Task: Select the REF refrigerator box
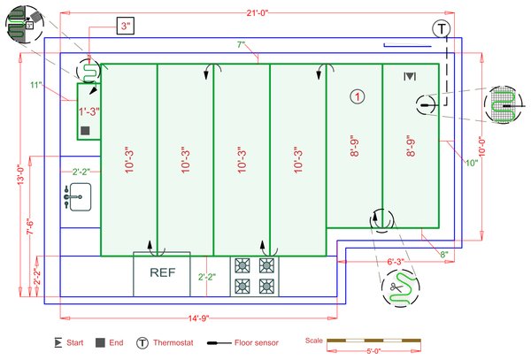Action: pos(161,274)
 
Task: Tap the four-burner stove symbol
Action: pos(254,275)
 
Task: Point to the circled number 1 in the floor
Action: pos(357,96)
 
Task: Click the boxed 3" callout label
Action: pos(127,27)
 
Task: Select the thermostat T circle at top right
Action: pos(441,29)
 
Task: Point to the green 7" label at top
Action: pos(241,44)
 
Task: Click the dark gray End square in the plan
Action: pos(86,130)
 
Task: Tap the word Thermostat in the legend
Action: pos(176,342)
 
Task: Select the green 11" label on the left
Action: pos(35,85)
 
